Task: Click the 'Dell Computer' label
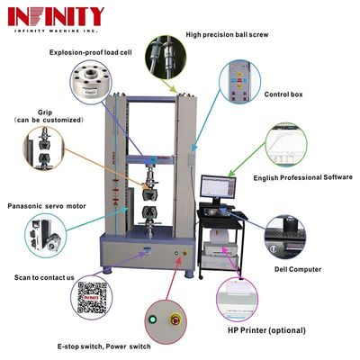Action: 298,267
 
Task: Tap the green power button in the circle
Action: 164,318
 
